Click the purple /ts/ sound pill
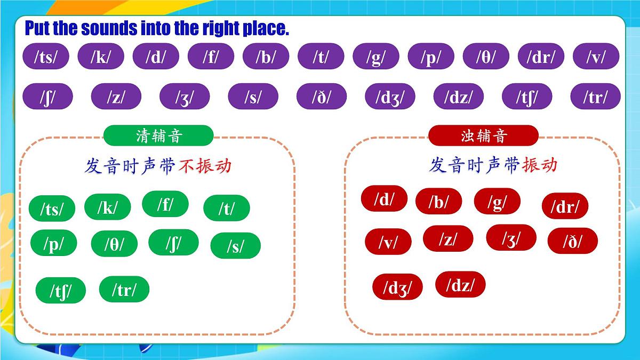click(46, 57)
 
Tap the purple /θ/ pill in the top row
click(485, 57)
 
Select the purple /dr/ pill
click(541, 57)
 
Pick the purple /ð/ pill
click(322, 97)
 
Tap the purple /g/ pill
click(375, 57)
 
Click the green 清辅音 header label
click(158, 135)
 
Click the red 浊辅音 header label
click(483, 135)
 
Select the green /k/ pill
click(108, 207)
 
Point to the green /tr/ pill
click(124, 289)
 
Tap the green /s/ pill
click(235, 246)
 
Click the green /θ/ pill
click(114, 244)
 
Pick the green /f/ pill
click(165, 204)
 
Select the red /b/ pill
click(439, 201)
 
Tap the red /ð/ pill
click(573, 241)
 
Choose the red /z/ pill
click(448, 238)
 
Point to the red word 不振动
click(205, 166)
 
